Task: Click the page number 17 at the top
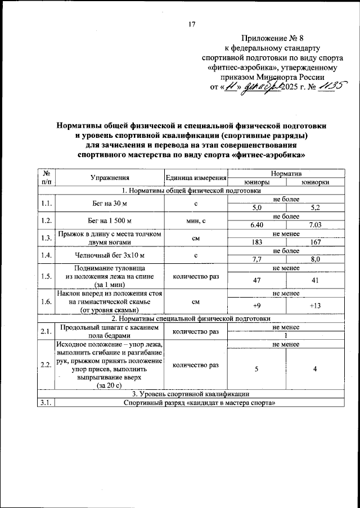tap(191, 24)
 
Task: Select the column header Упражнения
tap(110, 178)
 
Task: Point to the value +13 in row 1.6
tap(314, 305)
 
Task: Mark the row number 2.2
tap(46, 365)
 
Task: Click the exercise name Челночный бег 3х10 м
tap(110, 255)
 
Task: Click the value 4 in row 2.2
tap(314, 369)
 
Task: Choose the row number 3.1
tap(46, 402)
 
